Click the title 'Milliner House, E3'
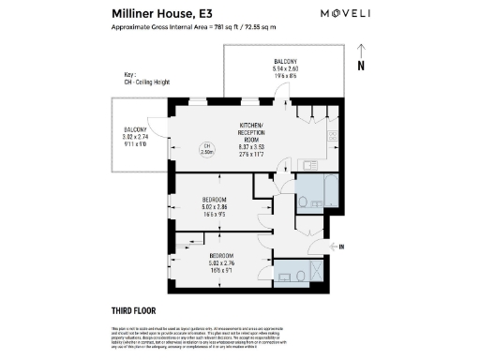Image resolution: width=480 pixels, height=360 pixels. pos(165,15)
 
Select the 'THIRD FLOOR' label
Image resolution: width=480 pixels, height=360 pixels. pos(132,310)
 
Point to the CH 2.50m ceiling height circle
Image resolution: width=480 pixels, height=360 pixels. pos(206,147)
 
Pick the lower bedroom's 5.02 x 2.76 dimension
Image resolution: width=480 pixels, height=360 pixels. pos(222,263)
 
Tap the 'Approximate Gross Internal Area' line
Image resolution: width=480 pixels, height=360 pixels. pos(194,28)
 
